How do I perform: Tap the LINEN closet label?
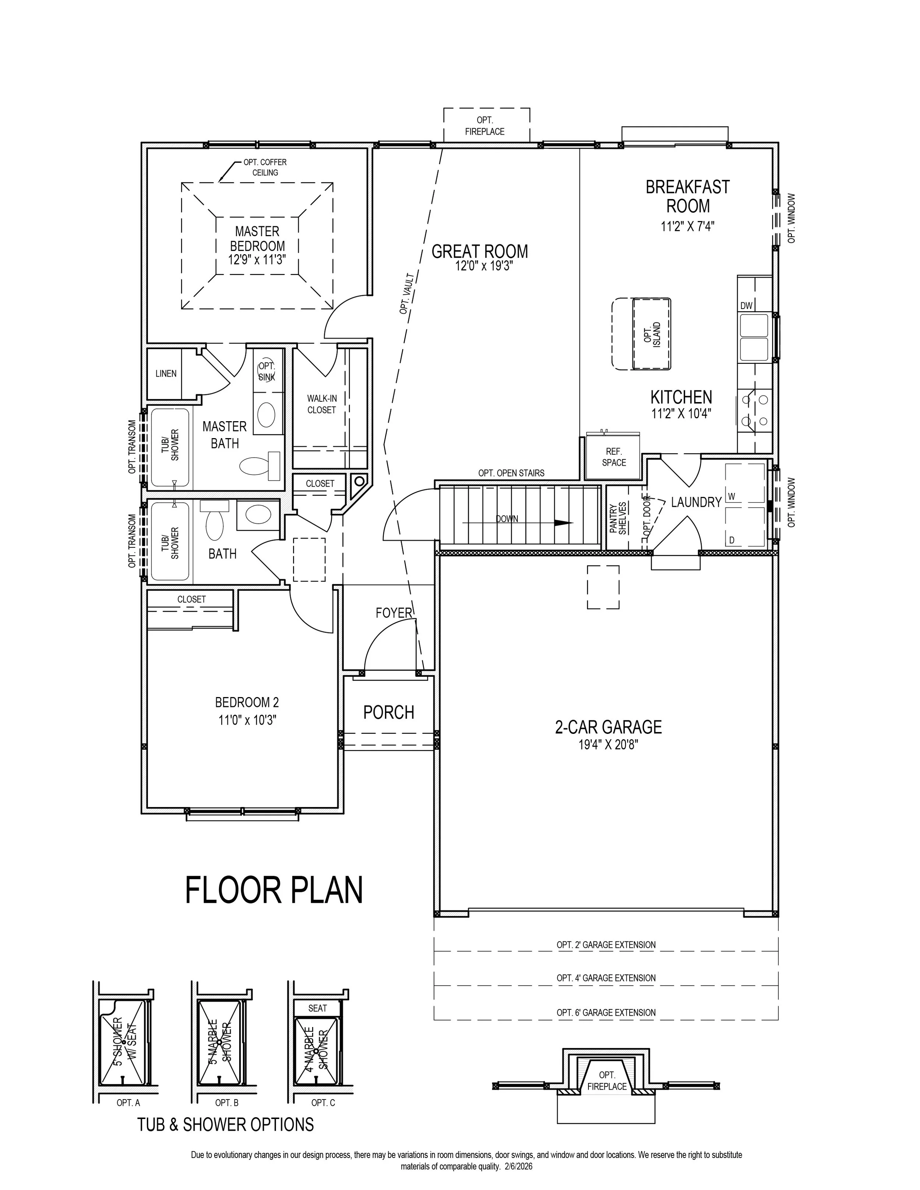click(x=166, y=373)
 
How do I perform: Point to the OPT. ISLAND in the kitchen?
click(x=651, y=334)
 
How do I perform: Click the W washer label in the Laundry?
click(x=732, y=496)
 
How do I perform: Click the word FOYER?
click(x=393, y=613)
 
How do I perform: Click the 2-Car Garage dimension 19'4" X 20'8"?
click(x=608, y=744)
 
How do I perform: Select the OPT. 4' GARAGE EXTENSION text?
click(x=606, y=978)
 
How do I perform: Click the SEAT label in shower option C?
click(x=317, y=1008)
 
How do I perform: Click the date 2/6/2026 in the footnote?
click(x=517, y=1166)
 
